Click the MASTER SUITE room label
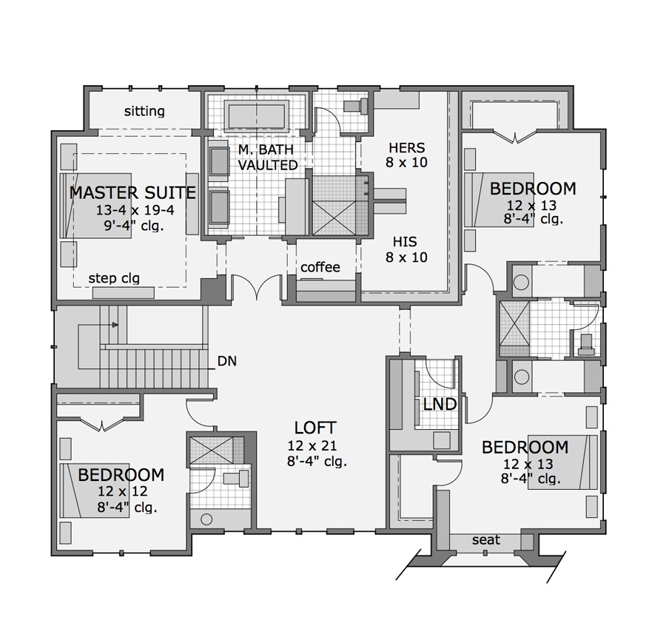(x=132, y=193)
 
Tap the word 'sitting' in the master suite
(x=144, y=112)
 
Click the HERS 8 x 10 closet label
(x=406, y=155)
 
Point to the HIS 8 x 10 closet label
(x=406, y=249)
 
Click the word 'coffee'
(x=320, y=267)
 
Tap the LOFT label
(x=315, y=428)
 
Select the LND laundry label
(x=440, y=405)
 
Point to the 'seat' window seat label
(x=485, y=540)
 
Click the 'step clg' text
(x=114, y=278)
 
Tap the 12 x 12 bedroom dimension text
(x=121, y=491)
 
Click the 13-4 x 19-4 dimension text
(x=132, y=211)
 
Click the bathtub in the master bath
(x=257, y=117)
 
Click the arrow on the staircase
(x=114, y=324)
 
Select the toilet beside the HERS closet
(x=357, y=105)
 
